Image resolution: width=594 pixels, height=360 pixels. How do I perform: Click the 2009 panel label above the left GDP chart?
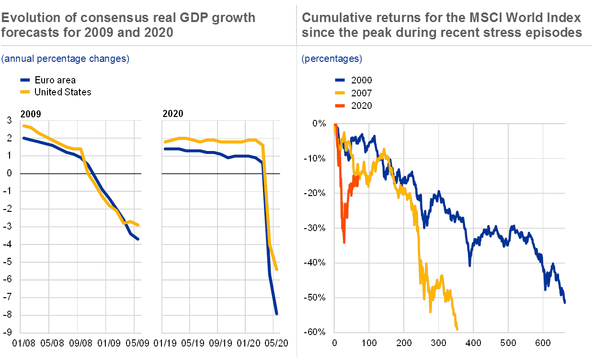point(30,114)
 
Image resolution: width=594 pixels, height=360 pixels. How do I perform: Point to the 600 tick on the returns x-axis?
point(543,343)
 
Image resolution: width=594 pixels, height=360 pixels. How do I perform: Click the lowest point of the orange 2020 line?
point(344,243)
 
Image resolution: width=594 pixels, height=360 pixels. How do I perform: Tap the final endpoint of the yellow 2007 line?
point(457,329)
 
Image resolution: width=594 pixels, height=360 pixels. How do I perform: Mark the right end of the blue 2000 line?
point(565,303)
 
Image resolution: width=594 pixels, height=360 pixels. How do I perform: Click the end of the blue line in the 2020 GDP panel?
point(276,314)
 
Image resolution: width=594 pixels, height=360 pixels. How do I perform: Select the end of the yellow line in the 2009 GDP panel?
point(138,225)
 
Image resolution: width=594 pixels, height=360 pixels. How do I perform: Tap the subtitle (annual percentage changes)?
point(65,59)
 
